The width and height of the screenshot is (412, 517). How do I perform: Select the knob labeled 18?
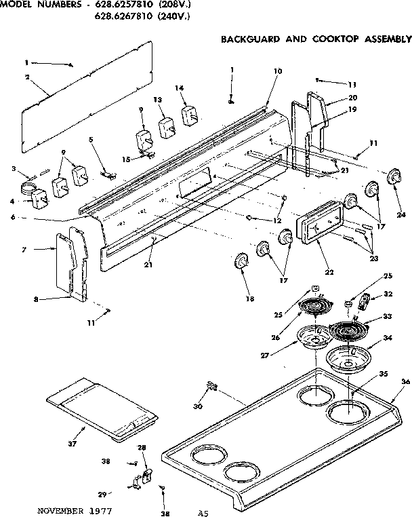(x=241, y=261)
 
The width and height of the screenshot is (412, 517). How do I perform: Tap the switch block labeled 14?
(x=188, y=115)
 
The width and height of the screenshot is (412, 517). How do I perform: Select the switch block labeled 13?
(x=167, y=127)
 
